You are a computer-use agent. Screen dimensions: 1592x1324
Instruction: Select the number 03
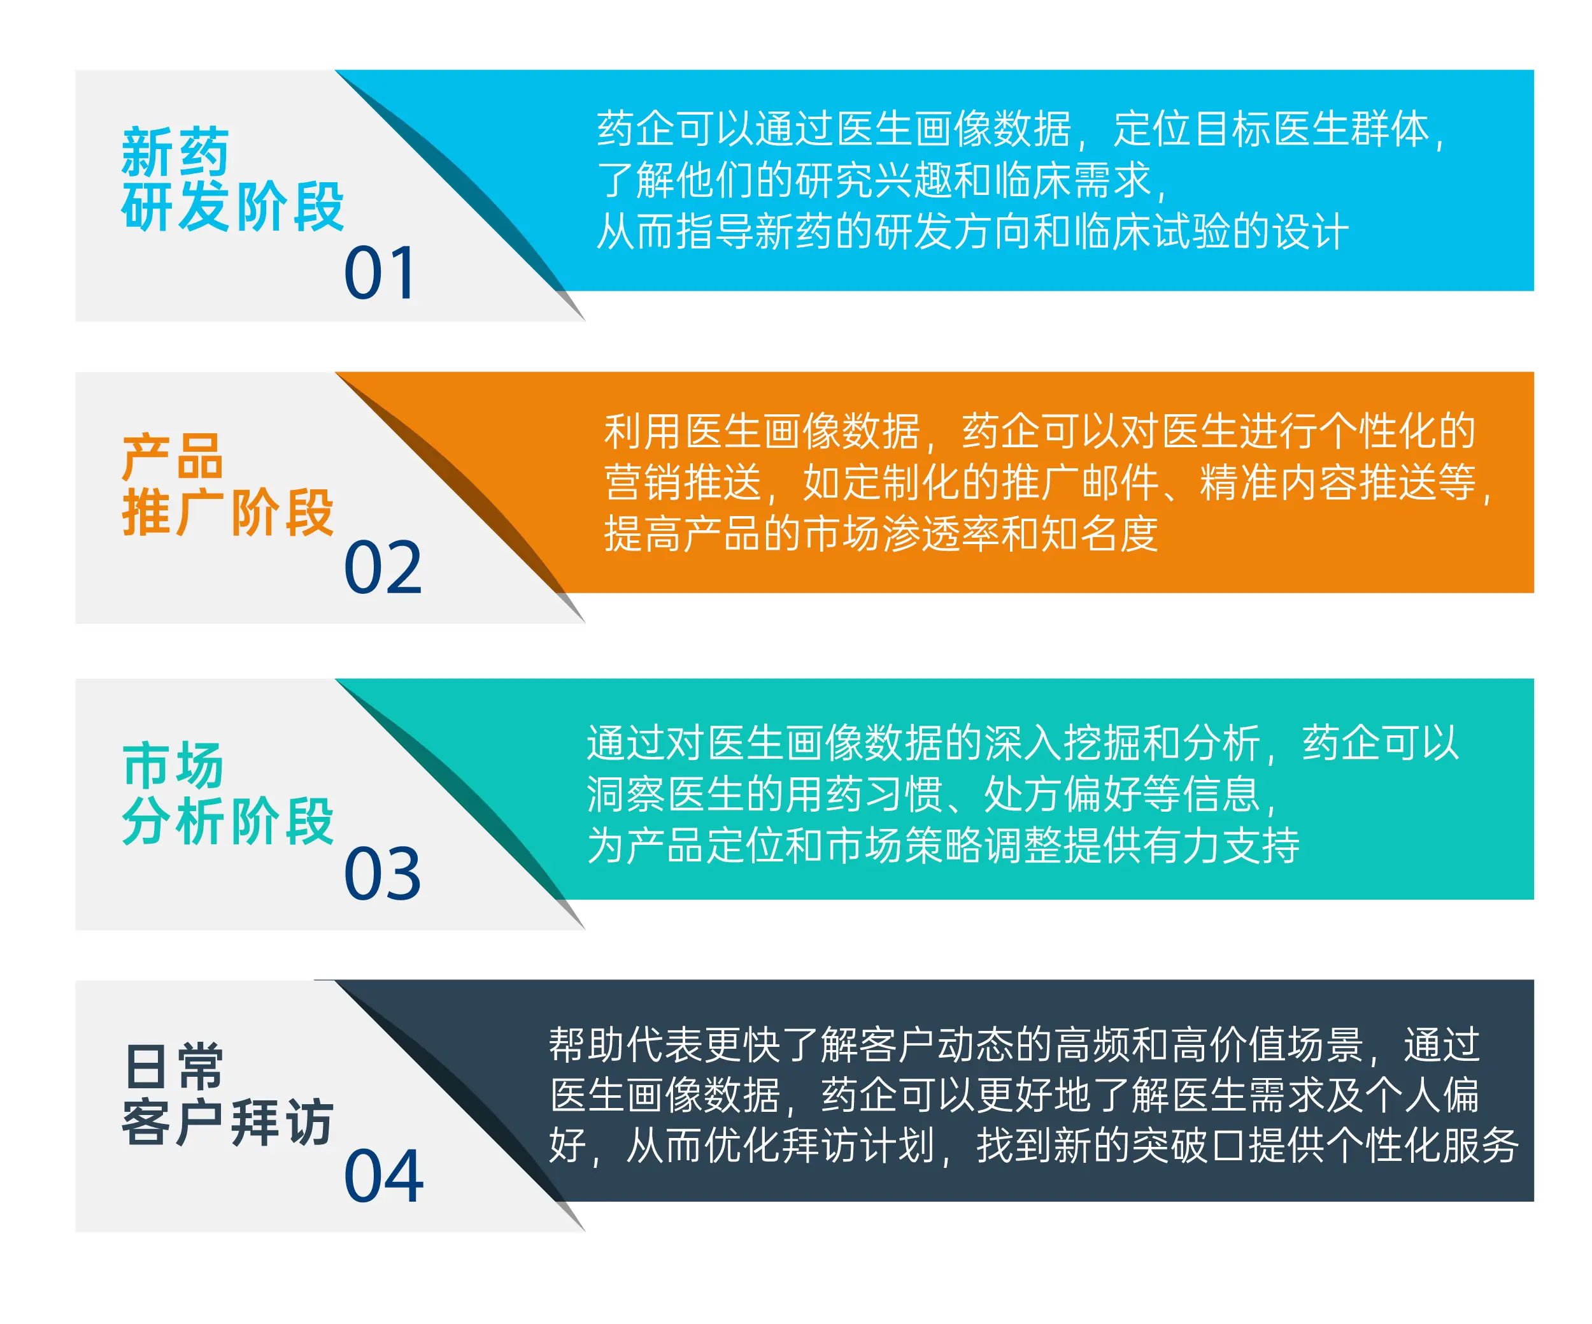383,874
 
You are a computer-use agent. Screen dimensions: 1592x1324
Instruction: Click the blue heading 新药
175,152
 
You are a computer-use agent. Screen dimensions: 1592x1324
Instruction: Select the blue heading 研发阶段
232,206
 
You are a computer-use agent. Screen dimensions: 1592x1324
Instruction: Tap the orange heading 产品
172,457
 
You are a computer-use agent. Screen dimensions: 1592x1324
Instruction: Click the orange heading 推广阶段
227,513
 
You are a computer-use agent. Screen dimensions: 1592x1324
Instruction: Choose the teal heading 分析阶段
227,821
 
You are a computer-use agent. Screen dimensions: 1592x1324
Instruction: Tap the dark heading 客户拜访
227,1122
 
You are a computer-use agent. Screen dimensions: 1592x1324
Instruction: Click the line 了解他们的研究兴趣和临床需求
883,180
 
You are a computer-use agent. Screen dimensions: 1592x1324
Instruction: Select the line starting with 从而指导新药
972,231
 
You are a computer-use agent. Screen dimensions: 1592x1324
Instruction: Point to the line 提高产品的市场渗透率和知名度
881,534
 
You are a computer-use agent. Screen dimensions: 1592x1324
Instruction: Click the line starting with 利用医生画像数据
1040,431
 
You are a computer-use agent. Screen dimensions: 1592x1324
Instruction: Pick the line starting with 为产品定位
943,845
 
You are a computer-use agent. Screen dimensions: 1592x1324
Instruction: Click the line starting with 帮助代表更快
1014,1045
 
